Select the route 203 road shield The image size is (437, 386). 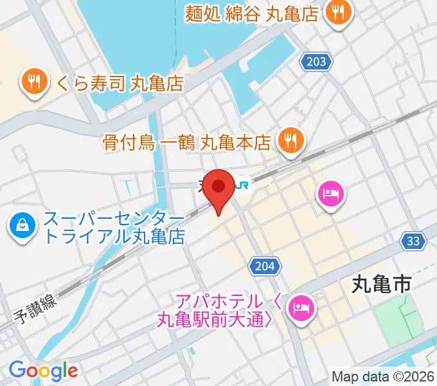[317, 62]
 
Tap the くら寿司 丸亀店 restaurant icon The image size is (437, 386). [33, 82]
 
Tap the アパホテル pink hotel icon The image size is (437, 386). [300, 307]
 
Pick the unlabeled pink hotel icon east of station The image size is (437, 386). [332, 194]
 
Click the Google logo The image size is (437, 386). [43, 371]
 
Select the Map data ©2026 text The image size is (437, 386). [383, 376]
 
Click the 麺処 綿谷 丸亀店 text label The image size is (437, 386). [251, 12]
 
